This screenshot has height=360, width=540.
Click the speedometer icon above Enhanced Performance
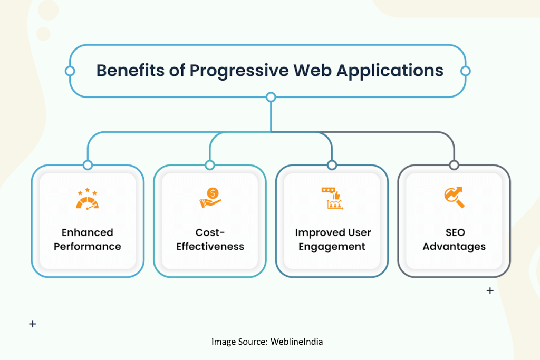[88, 199]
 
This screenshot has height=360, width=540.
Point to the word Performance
[88, 246]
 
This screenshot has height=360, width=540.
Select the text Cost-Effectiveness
[210, 239]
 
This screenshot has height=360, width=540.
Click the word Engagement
[332, 246]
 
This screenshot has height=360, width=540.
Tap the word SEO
[454, 232]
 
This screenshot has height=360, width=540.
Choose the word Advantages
[454, 246]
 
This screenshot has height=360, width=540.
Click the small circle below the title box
[271, 97]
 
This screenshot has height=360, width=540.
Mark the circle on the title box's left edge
[70, 71]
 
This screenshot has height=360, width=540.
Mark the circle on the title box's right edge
[465, 71]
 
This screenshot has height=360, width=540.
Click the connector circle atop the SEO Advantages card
[454, 165]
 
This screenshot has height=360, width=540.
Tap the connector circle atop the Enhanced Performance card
[88, 165]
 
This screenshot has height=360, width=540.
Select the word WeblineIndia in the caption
[296, 342]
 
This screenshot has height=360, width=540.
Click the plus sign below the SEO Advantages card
[490, 290]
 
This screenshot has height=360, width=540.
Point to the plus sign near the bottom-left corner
[33, 324]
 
